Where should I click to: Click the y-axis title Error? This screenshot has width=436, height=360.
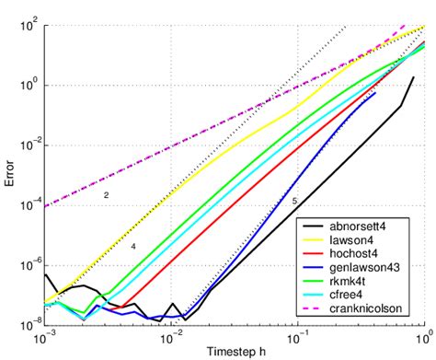pos(10,173)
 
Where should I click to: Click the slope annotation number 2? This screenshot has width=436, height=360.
pos(106,196)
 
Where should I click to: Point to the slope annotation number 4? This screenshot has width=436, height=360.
pos(132,247)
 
